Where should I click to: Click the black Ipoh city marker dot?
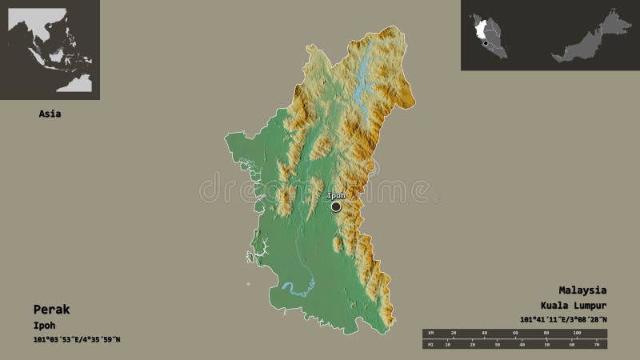tap(336, 206)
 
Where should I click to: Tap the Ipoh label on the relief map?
tap(336, 195)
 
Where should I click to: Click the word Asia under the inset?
tap(50, 114)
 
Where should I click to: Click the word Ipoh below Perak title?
tap(46, 325)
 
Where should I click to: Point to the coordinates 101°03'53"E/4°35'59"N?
tap(77, 340)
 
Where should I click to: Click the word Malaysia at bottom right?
tap(582, 290)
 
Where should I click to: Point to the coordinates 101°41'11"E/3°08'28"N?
tap(563, 320)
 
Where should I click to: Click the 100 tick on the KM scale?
tap(576, 331)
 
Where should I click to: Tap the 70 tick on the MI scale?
tap(596, 345)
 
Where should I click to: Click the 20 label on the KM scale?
tap(454, 331)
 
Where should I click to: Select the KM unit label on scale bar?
tap(430, 331)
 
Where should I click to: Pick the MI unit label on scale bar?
tap(430, 345)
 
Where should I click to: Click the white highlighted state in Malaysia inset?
tap(483, 30)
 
